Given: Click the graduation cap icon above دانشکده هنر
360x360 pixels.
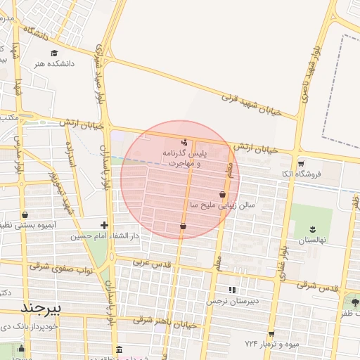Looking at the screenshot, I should (x=53, y=53).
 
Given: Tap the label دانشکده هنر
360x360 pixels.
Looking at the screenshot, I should (x=54, y=64).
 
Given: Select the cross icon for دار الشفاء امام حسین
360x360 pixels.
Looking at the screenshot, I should (x=104, y=225).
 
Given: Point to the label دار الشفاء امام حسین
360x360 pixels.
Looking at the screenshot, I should (x=104, y=236).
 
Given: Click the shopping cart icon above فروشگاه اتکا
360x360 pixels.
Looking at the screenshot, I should (x=301, y=162).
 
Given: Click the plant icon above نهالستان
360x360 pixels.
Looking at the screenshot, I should (x=312, y=229).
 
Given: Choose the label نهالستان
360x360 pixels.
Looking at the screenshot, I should (x=312, y=240).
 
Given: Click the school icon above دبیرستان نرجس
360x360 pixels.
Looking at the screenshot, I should (x=232, y=290).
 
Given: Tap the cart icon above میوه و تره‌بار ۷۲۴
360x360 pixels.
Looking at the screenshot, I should (x=271, y=333).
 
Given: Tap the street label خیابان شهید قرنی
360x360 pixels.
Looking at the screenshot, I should (x=250, y=99).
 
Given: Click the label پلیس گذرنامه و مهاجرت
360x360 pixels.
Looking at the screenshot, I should (x=185, y=157).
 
